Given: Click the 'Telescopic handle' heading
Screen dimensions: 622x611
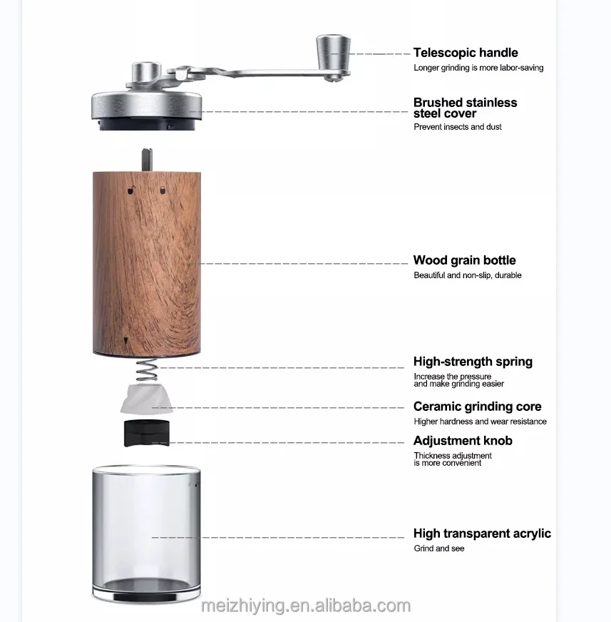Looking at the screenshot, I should point(465,53).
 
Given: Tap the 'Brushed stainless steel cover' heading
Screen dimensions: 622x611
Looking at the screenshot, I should point(465,108).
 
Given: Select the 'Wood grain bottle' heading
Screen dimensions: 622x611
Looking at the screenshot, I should point(464,260).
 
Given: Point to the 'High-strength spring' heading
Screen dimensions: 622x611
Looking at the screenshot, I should point(473,362).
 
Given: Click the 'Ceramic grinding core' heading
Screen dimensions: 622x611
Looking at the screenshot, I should point(477,407).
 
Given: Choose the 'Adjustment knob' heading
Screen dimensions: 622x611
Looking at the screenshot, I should point(463,441).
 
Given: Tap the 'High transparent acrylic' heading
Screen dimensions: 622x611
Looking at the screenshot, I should point(482,534).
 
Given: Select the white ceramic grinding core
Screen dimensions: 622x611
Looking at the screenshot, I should point(147,400).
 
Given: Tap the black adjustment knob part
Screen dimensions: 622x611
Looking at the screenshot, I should point(147,433).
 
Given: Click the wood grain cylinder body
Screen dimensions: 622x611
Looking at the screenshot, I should point(146,264).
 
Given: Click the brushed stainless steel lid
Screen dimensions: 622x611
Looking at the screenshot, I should point(146,106).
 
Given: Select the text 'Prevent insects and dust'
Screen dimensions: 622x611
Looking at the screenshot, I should point(458,127).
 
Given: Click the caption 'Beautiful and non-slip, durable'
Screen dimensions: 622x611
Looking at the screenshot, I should point(467,275).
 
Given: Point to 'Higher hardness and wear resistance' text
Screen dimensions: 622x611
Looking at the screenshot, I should point(480,422).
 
